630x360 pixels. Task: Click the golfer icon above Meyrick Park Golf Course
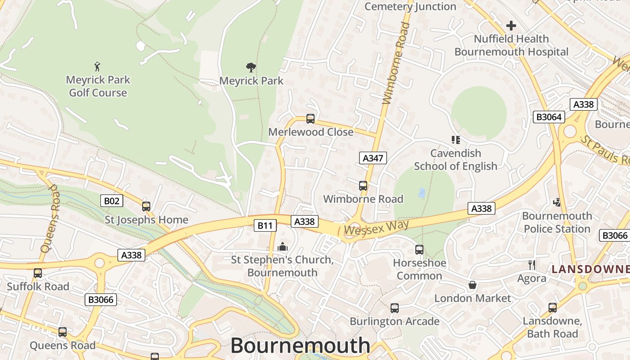[x=97, y=67]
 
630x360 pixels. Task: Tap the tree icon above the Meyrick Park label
[x=251, y=68]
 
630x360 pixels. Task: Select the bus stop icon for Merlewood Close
[x=310, y=119]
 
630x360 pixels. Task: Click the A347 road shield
[x=373, y=157]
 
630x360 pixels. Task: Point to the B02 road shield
[x=111, y=201]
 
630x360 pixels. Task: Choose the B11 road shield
[x=265, y=225]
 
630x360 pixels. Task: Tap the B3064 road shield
[x=549, y=117]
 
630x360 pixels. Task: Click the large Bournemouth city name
[x=300, y=346]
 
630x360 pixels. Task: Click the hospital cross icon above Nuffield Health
[x=511, y=26]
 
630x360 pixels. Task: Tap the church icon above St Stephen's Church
[x=283, y=247]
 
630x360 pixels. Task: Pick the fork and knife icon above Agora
[x=532, y=265]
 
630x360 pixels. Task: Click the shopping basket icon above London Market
[x=472, y=285]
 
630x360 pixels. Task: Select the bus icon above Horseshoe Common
[x=419, y=249]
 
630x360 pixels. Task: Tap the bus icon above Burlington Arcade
[x=395, y=308]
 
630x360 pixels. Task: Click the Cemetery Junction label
[x=410, y=6]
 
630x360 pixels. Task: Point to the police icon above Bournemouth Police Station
[x=557, y=202]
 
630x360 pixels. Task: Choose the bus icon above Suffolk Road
[x=38, y=273]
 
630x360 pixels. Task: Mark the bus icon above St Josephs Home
[x=146, y=207]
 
